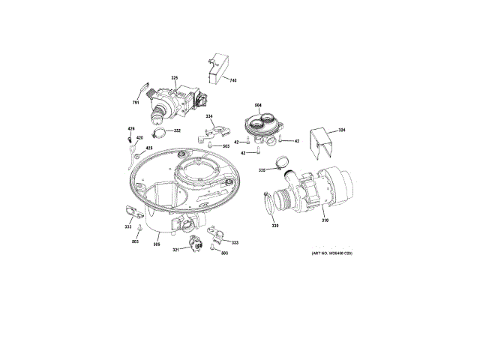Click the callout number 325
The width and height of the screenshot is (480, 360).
click(175, 78)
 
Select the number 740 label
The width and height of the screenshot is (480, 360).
click(232, 80)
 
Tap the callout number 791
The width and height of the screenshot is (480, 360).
click(136, 102)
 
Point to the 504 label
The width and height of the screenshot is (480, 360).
click(258, 105)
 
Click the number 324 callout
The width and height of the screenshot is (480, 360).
click(342, 130)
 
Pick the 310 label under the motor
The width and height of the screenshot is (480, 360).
click(325, 220)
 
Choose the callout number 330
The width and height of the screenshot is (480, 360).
click(274, 226)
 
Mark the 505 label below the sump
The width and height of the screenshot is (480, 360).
click(157, 243)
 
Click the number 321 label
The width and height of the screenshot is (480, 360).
click(175, 250)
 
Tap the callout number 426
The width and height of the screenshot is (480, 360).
click(130, 130)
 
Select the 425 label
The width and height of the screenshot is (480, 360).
click(148, 148)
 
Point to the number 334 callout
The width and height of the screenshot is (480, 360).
click(209, 115)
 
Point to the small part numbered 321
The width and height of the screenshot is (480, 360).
click(197, 244)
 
